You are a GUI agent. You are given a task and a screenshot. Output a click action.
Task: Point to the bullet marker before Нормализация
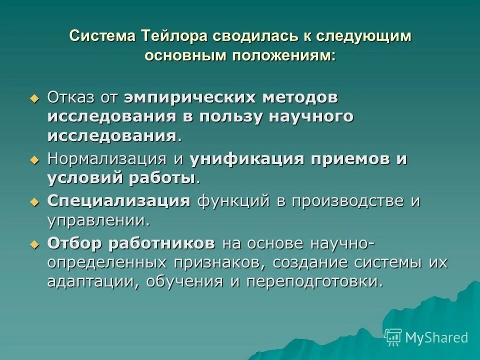coord(34,160)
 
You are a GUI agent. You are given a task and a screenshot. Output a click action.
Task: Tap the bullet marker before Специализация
coord(34,202)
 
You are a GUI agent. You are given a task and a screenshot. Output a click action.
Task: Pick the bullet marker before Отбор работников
coord(34,244)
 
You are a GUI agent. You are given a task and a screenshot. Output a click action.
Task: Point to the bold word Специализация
coord(119,201)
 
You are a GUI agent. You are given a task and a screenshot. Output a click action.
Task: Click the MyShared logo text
coord(436,337)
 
